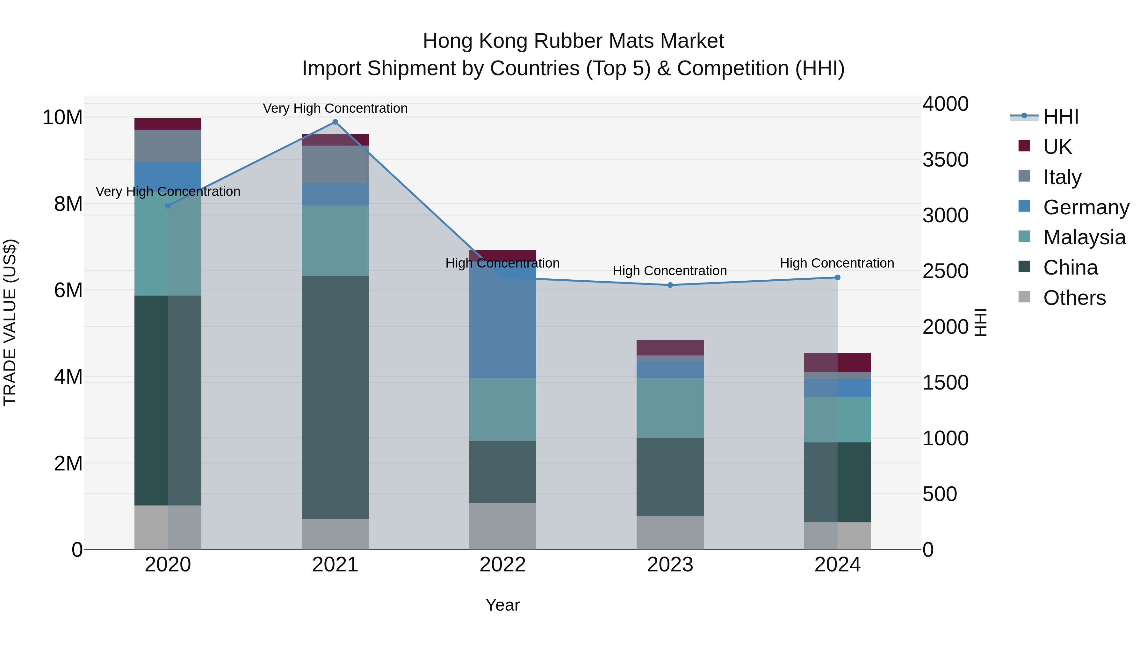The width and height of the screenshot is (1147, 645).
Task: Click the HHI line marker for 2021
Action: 335,122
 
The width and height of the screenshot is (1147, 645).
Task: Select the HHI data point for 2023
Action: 670,285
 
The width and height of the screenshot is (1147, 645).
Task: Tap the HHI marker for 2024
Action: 838,277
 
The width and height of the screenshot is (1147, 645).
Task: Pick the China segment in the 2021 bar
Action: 335,397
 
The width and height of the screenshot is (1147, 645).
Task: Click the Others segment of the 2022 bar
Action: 503,526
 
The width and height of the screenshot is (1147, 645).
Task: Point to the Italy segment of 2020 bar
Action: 168,146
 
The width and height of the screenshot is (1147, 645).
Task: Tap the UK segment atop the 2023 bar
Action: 670,347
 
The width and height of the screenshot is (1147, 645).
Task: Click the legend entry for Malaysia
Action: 1084,237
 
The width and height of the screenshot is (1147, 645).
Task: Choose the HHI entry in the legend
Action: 1061,117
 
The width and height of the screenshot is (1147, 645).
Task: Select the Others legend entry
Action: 1074,298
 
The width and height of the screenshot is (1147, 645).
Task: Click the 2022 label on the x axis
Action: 503,565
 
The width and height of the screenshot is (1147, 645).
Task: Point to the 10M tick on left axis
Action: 62,118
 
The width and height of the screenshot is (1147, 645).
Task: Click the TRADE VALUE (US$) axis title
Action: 10,322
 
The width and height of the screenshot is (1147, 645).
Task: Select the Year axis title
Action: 503,605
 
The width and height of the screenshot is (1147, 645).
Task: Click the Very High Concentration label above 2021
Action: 335,108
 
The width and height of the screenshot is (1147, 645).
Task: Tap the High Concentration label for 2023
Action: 670,271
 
